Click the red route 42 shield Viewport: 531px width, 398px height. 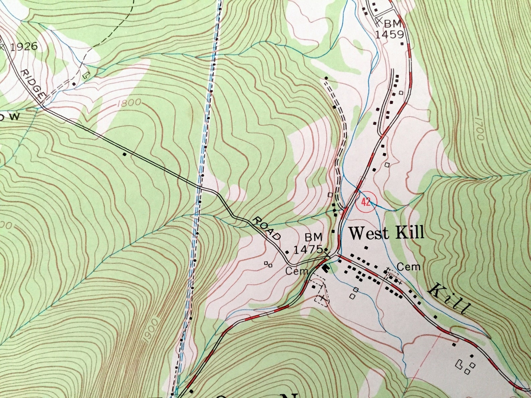pyautogui.click(x=366, y=202)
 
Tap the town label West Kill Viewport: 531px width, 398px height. pyautogui.click(x=387, y=233)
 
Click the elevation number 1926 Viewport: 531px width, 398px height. pyautogui.click(x=24, y=46)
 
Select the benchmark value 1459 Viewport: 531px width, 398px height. pyautogui.click(x=390, y=34)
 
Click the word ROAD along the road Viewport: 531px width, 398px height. pyautogui.click(x=267, y=229)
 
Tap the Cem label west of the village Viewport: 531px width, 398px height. pyautogui.click(x=296, y=271)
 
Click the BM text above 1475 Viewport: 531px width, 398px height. pyautogui.click(x=313, y=237)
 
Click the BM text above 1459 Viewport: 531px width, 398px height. pyautogui.click(x=392, y=24)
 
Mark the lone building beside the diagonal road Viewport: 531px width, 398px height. pyautogui.click(x=125, y=154)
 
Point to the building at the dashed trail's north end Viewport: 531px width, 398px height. pyautogui.click(x=326, y=78)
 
